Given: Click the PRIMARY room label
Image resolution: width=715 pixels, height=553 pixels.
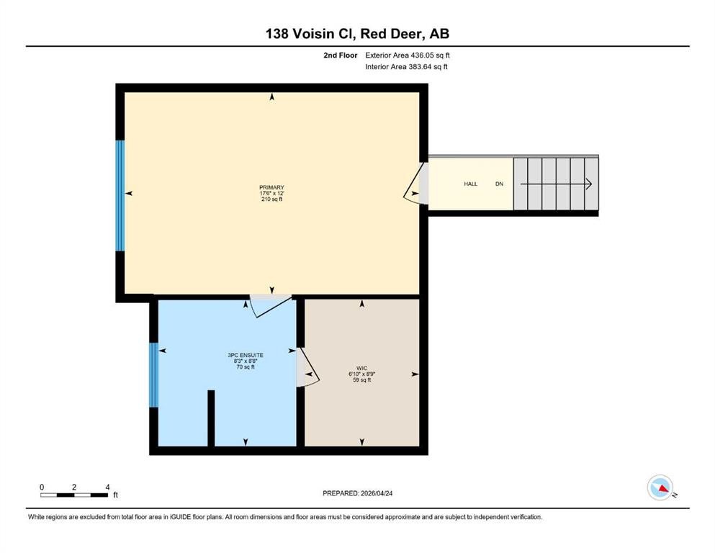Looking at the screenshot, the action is coord(271,187).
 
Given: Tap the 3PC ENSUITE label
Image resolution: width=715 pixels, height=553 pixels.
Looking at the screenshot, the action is coord(246,355).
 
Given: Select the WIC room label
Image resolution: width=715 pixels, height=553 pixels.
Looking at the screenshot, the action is coord(362,369).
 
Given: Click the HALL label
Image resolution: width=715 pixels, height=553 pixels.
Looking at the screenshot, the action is coord(471,184).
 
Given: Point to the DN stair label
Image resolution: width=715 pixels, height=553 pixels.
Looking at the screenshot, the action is coord(499,184).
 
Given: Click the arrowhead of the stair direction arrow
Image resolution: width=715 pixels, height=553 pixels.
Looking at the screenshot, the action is coord(589,184).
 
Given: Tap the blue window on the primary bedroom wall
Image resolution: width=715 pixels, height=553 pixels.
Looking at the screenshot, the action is coord(120,196).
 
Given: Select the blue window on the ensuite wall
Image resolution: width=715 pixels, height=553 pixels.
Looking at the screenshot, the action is coord(153,374).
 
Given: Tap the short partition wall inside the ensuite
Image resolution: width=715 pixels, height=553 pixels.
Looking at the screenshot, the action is coord(211,418).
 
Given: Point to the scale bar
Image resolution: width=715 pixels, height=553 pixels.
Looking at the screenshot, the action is coord(74,495).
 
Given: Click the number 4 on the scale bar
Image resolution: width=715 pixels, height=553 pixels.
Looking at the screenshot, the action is coord(107,487).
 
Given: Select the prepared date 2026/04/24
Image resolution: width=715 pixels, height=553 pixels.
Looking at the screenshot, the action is coord(377,493).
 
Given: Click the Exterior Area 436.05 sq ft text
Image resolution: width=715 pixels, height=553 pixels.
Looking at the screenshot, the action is coord(408,55).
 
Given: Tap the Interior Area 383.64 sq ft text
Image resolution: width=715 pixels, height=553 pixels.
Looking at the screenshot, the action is coord(406,66).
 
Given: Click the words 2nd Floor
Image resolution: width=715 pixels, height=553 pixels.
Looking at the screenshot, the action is coord(340,55).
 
